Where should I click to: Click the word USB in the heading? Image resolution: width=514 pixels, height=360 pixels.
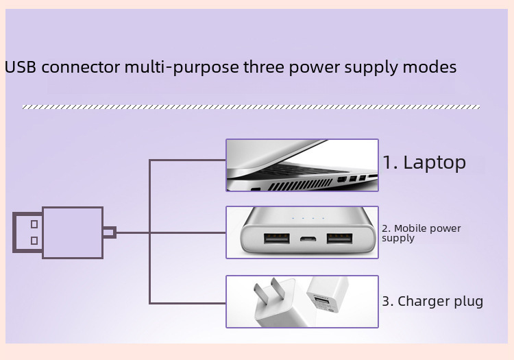[19, 68]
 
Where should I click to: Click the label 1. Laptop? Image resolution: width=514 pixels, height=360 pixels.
[424, 163]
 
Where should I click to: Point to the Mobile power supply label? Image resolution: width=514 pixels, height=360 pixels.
[421, 233]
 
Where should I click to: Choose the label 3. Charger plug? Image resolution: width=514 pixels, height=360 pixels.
[432, 301]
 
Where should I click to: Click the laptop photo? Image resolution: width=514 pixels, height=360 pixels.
[302, 165]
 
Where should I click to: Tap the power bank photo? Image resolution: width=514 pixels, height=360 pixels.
[302, 232]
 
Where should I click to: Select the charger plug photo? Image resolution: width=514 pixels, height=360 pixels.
[302, 302]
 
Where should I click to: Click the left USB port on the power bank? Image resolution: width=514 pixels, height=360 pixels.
[276, 239]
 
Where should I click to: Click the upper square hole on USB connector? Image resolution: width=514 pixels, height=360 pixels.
[34, 224]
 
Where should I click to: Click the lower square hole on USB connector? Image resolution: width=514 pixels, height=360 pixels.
[34, 241]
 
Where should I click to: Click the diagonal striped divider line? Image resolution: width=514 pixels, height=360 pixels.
[250, 107]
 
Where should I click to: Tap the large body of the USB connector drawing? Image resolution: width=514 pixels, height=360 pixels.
[72, 232]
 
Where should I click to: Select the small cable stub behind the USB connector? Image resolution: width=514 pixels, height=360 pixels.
[109, 232]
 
